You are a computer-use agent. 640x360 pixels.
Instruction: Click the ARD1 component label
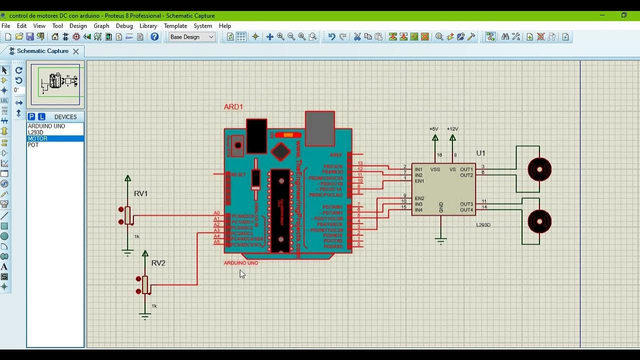click(x=233, y=107)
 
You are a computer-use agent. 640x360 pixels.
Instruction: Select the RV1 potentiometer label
click(x=141, y=193)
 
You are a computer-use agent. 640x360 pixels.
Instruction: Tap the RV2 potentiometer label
click(x=158, y=263)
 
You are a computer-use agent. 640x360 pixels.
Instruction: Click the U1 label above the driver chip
click(x=480, y=153)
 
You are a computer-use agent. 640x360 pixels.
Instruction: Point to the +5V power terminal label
click(x=434, y=129)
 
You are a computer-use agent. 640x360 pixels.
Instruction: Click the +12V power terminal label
click(x=452, y=129)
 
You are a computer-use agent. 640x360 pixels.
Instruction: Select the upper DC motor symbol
click(x=539, y=169)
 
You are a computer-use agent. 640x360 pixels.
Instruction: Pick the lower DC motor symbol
click(x=539, y=221)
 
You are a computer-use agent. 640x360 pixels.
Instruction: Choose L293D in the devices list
click(x=36, y=132)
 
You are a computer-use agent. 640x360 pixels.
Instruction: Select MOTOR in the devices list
click(x=38, y=138)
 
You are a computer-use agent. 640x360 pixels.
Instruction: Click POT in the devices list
click(x=33, y=145)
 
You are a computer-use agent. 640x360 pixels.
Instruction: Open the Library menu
click(x=148, y=26)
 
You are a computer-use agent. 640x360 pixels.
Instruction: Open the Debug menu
click(x=124, y=26)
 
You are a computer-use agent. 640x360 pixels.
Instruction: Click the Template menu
click(x=175, y=26)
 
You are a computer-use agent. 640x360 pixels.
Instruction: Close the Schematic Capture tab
click(x=76, y=51)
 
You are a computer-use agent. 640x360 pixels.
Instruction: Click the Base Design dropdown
click(x=192, y=37)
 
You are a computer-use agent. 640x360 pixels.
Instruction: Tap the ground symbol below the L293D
click(x=440, y=242)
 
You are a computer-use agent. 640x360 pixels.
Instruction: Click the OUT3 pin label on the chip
click(x=466, y=204)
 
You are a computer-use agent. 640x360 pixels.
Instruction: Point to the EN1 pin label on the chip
click(x=419, y=181)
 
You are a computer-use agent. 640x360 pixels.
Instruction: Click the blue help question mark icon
click(x=154, y=37)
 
